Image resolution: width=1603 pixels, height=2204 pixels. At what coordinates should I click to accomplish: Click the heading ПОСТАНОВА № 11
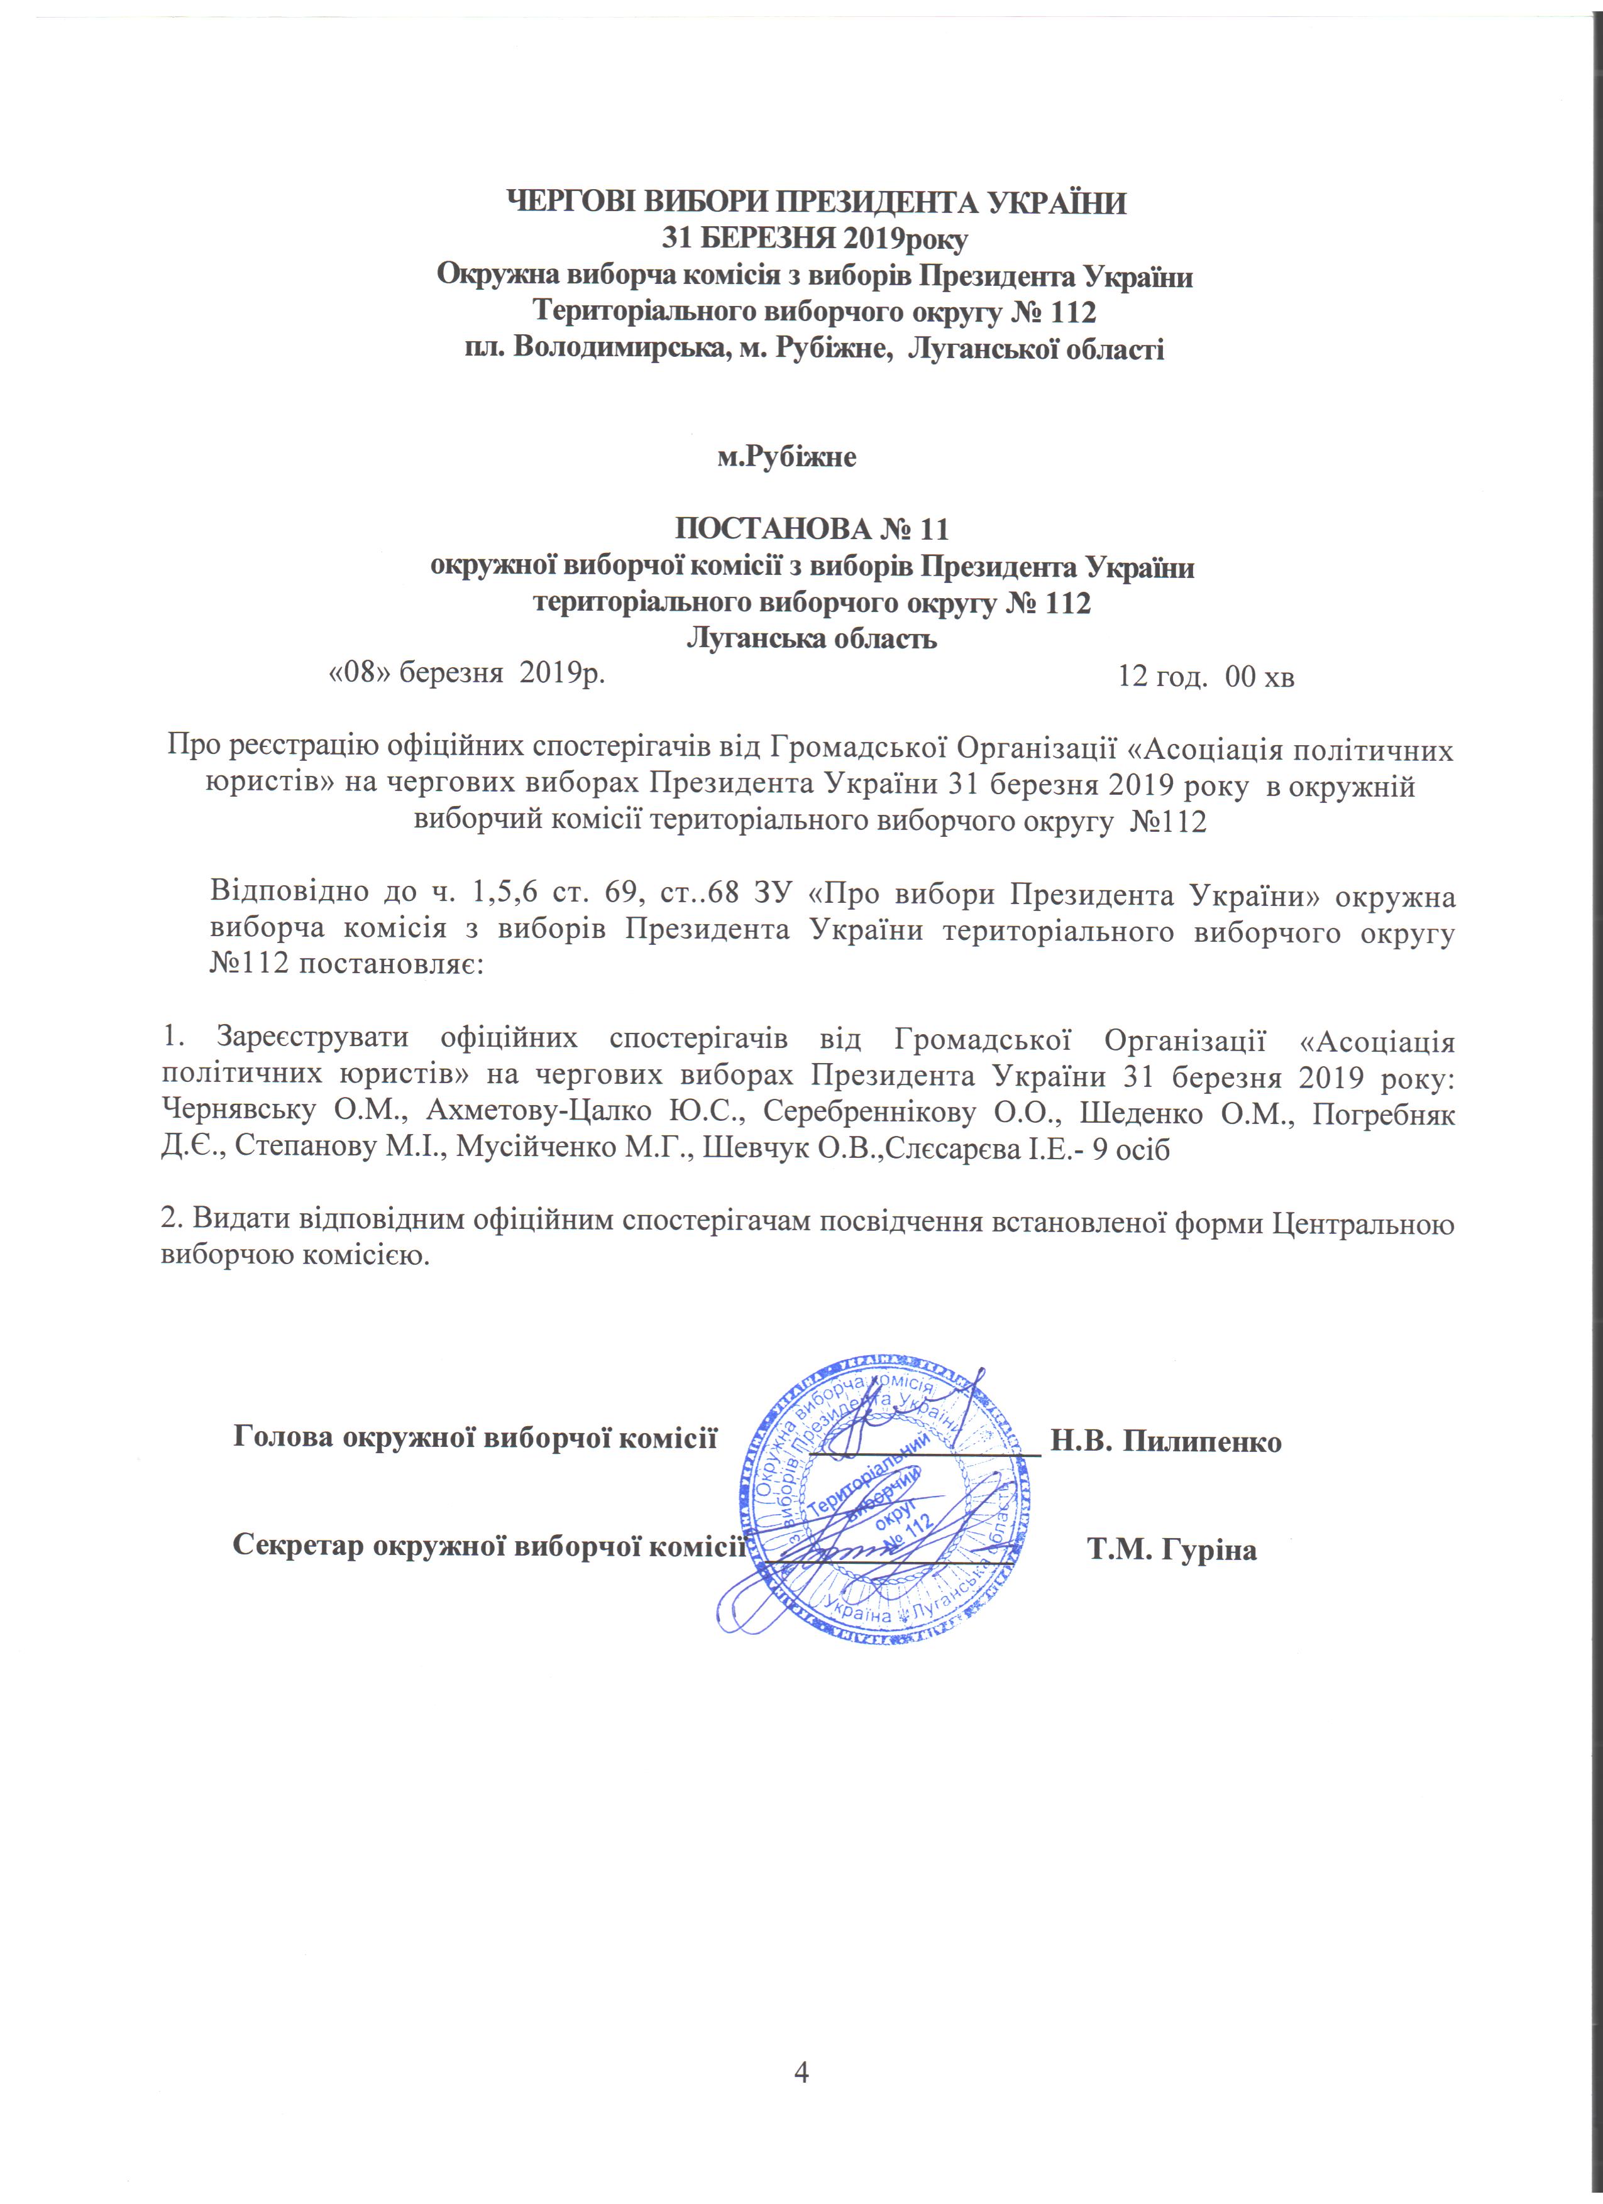point(811,530)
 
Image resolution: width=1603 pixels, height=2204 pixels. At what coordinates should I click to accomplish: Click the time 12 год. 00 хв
point(1206,677)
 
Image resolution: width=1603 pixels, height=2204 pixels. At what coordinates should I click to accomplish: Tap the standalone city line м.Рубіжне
point(786,457)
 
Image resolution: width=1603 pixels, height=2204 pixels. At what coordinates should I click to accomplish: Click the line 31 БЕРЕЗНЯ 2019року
point(815,238)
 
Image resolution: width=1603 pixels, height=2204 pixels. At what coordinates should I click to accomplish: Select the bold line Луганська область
point(812,638)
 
